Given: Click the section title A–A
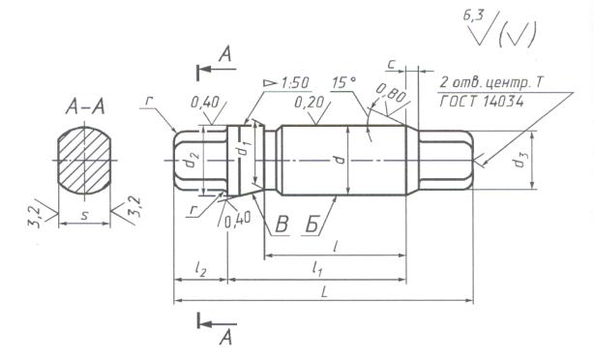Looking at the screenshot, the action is pos(85,106).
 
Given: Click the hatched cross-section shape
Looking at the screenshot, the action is pos(84,160).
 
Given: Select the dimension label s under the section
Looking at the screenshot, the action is pos(85,215).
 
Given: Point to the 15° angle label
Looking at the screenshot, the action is pos(343,82).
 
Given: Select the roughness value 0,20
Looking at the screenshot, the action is pos(310,102).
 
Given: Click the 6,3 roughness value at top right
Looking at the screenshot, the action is pos(472,16).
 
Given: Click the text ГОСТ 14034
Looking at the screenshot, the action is pos(482,102).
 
